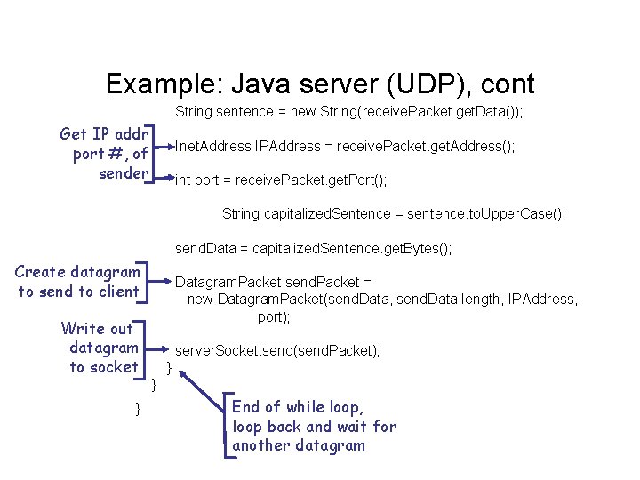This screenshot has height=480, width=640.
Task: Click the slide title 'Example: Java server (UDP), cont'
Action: pos(320,84)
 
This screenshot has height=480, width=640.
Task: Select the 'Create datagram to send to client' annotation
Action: pos(78,281)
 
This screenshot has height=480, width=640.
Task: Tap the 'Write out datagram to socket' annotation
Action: pos(100,348)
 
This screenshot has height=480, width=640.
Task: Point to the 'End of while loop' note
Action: pos(314,426)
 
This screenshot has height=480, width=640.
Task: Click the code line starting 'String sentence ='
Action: pos(348,112)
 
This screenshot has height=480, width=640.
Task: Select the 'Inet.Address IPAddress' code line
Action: pos(345,146)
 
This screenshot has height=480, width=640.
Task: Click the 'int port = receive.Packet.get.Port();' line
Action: pos(281,180)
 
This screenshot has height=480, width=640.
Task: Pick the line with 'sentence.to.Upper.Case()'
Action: pos(393,214)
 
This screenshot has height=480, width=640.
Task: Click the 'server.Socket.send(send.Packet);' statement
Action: pos(277,351)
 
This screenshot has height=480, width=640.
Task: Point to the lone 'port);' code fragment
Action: pos(274,316)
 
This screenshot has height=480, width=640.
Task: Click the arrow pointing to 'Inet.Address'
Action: pos(164,145)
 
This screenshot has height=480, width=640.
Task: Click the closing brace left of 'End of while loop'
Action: pos(137,408)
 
